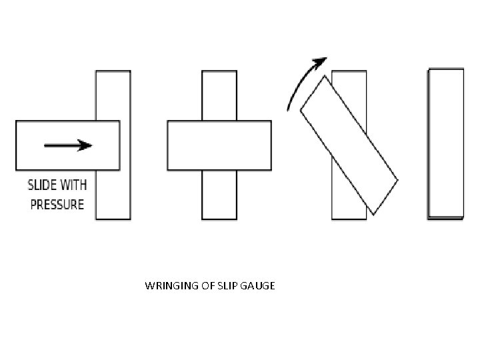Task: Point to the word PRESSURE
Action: (57, 203)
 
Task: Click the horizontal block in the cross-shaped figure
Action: (219, 145)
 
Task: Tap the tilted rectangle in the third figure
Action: (349, 145)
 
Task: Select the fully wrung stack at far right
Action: (445, 144)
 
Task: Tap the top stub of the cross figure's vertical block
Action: (219, 95)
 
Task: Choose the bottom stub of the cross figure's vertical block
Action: (219, 195)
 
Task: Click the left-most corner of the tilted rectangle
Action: (301, 111)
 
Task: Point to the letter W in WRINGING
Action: (149, 287)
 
